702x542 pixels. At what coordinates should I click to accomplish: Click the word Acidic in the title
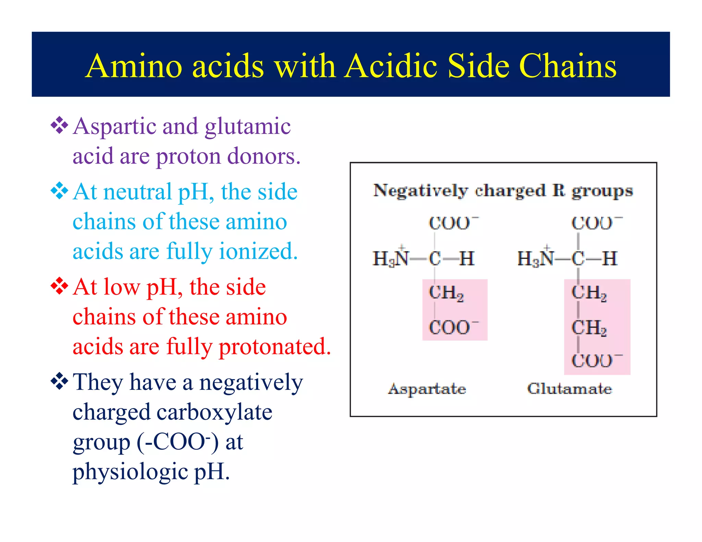point(391,66)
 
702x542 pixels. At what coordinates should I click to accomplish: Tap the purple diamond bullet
point(59,125)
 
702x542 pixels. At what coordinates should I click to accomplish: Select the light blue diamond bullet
point(59,191)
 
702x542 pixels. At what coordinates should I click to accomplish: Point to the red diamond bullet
point(59,286)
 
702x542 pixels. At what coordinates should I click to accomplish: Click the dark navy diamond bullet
point(59,381)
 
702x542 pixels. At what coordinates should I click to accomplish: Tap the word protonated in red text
point(275,346)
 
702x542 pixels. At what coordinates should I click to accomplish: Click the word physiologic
point(130,472)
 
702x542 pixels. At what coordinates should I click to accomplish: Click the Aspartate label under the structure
point(427,389)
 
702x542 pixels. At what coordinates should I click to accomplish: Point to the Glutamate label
point(569,389)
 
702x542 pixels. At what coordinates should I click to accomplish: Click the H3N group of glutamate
point(535,258)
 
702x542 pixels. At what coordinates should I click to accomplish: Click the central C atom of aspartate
point(435,258)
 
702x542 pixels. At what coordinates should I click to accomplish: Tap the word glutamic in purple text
point(247,126)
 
